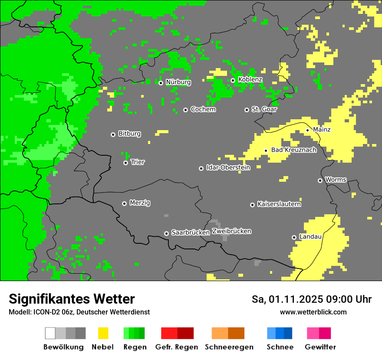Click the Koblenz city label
pos(250,79)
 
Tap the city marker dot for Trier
pos(125,163)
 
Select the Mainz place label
pos(322,129)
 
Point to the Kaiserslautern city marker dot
pos(252,205)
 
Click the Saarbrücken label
pos(191,232)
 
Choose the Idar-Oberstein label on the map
pos(228,167)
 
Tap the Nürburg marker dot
pos(161,83)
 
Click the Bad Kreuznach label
pos(294,150)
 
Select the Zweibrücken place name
pos(231,231)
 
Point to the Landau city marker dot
pos(294,237)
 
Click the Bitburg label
pos(129,134)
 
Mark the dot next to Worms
pos(320,180)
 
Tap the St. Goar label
pos(264,109)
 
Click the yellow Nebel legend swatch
pos(103,333)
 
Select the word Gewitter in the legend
pos(320,347)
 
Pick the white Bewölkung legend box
pos(50,333)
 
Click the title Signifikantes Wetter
pos(72,299)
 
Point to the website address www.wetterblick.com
pos(313,312)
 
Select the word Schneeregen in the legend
pos(229,347)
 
